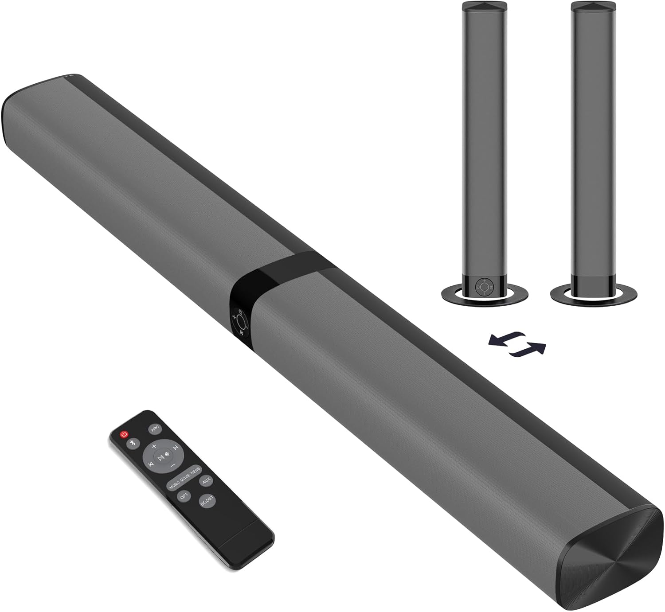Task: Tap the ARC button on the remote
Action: click(155, 429)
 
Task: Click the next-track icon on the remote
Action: click(176, 448)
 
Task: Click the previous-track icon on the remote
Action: click(151, 464)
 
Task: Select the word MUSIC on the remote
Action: click(174, 483)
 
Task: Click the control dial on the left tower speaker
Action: click(483, 287)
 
